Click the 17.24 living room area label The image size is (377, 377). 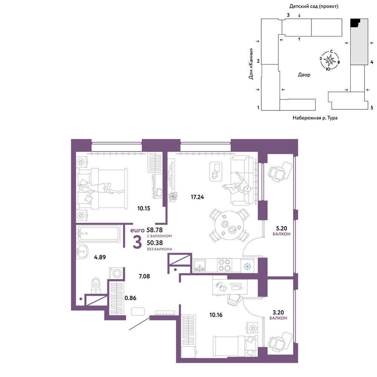(x=197, y=197)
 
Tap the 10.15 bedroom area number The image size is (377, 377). (x=144, y=208)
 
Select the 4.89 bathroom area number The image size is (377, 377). (x=100, y=257)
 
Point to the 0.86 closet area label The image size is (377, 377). (x=130, y=298)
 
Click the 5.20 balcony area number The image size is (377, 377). (x=281, y=228)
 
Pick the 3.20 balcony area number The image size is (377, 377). (x=278, y=312)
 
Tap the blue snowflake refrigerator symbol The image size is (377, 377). (x=247, y=266)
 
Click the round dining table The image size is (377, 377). (x=229, y=225)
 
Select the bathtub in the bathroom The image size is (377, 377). (x=98, y=233)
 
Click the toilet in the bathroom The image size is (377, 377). (x=96, y=286)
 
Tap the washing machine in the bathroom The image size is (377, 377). (x=117, y=273)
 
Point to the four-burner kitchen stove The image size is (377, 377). (x=224, y=265)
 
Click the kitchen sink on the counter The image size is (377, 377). (x=199, y=265)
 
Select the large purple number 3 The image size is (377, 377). (x=137, y=242)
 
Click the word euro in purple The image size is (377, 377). (x=137, y=230)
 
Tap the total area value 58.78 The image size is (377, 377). (x=155, y=230)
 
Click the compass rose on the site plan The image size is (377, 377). (x=329, y=60)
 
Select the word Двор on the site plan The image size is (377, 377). (x=304, y=75)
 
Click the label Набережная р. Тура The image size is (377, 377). (x=315, y=118)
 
